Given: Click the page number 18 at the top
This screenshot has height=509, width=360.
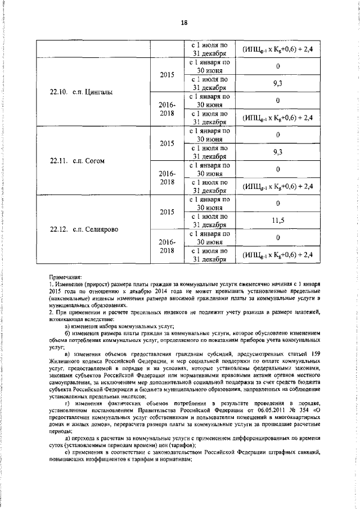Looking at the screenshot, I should coord(183,22).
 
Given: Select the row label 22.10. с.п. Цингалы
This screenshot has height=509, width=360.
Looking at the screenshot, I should coord(77,92).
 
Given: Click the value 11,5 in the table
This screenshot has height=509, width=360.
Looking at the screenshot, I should coord(277,221).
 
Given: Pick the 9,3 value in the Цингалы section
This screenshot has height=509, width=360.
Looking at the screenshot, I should coord(277,83).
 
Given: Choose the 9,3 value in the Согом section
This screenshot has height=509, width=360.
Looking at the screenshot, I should coord(277,152).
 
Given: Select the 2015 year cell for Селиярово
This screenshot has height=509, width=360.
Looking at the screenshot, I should coord(167,213).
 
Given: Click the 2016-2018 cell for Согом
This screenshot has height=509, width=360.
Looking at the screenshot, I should coord(167,177).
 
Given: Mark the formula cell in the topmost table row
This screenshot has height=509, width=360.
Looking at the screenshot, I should coord(277,49).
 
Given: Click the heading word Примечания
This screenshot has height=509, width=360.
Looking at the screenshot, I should coord(65,277).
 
